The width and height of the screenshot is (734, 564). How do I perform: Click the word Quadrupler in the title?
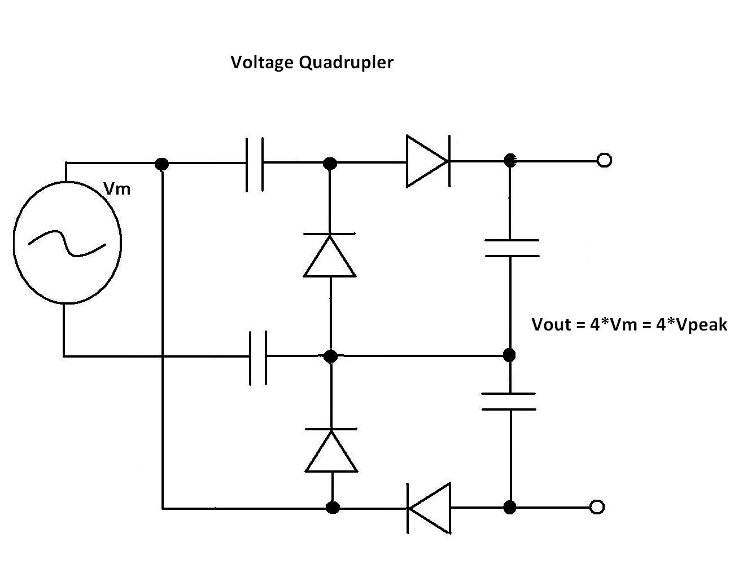pyautogui.click(x=346, y=63)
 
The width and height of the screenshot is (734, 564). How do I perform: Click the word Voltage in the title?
pyautogui.click(x=263, y=63)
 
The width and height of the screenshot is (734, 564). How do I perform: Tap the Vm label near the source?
pyautogui.click(x=117, y=189)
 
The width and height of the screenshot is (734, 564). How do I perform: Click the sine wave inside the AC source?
pyautogui.click(x=67, y=243)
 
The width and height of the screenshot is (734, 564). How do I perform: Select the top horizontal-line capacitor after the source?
pyautogui.click(x=254, y=164)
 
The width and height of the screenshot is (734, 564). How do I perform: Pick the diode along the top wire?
pyautogui.click(x=428, y=161)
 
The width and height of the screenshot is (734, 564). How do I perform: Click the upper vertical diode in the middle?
pyautogui.click(x=330, y=255)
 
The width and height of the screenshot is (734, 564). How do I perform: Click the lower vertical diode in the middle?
pyautogui.click(x=331, y=450)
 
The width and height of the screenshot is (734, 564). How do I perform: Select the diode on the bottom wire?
pyautogui.click(x=429, y=508)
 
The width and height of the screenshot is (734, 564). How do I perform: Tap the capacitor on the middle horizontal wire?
pyautogui.click(x=258, y=356)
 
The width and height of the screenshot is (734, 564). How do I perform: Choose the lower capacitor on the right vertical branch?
pyautogui.click(x=509, y=402)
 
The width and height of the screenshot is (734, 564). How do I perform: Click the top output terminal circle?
pyautogui.click(x=604, y=161)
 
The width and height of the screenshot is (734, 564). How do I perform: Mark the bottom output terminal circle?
pyautogui.click(x=597, y=507)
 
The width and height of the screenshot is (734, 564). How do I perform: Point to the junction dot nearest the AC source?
pyautogui.click(x=162, y=164)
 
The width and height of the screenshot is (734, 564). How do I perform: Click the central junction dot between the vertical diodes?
pyautogui.click(x=331, y=356)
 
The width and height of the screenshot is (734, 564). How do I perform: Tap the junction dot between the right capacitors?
pyautogui.click(x=509, y=355)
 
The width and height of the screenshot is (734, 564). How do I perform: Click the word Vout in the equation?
pyautogui.click(x=552, y=325)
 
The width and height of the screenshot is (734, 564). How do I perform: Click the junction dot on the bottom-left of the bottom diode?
pyautogui.click(x=333, y=508)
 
